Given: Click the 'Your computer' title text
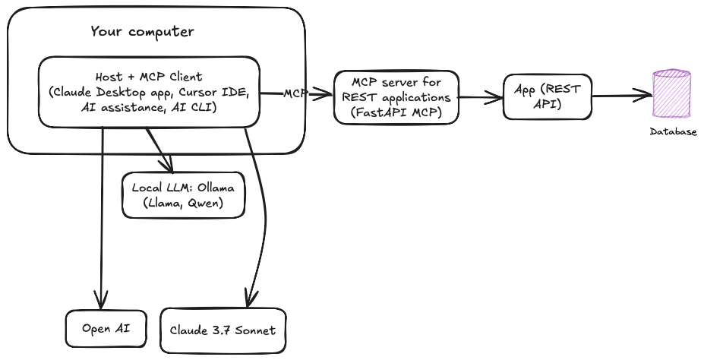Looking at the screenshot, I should click(x=142, y=32).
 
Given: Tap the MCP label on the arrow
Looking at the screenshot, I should click(x=295, y=93).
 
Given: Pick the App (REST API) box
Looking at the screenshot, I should click(x=547, y=96).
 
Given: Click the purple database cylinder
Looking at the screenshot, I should click(x=672, y=94).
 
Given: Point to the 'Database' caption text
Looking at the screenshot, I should click(x=672, y=132).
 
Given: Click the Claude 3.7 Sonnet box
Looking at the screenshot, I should click(x=224, y=330).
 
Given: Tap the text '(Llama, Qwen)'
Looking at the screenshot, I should click(x=184, y=204).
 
